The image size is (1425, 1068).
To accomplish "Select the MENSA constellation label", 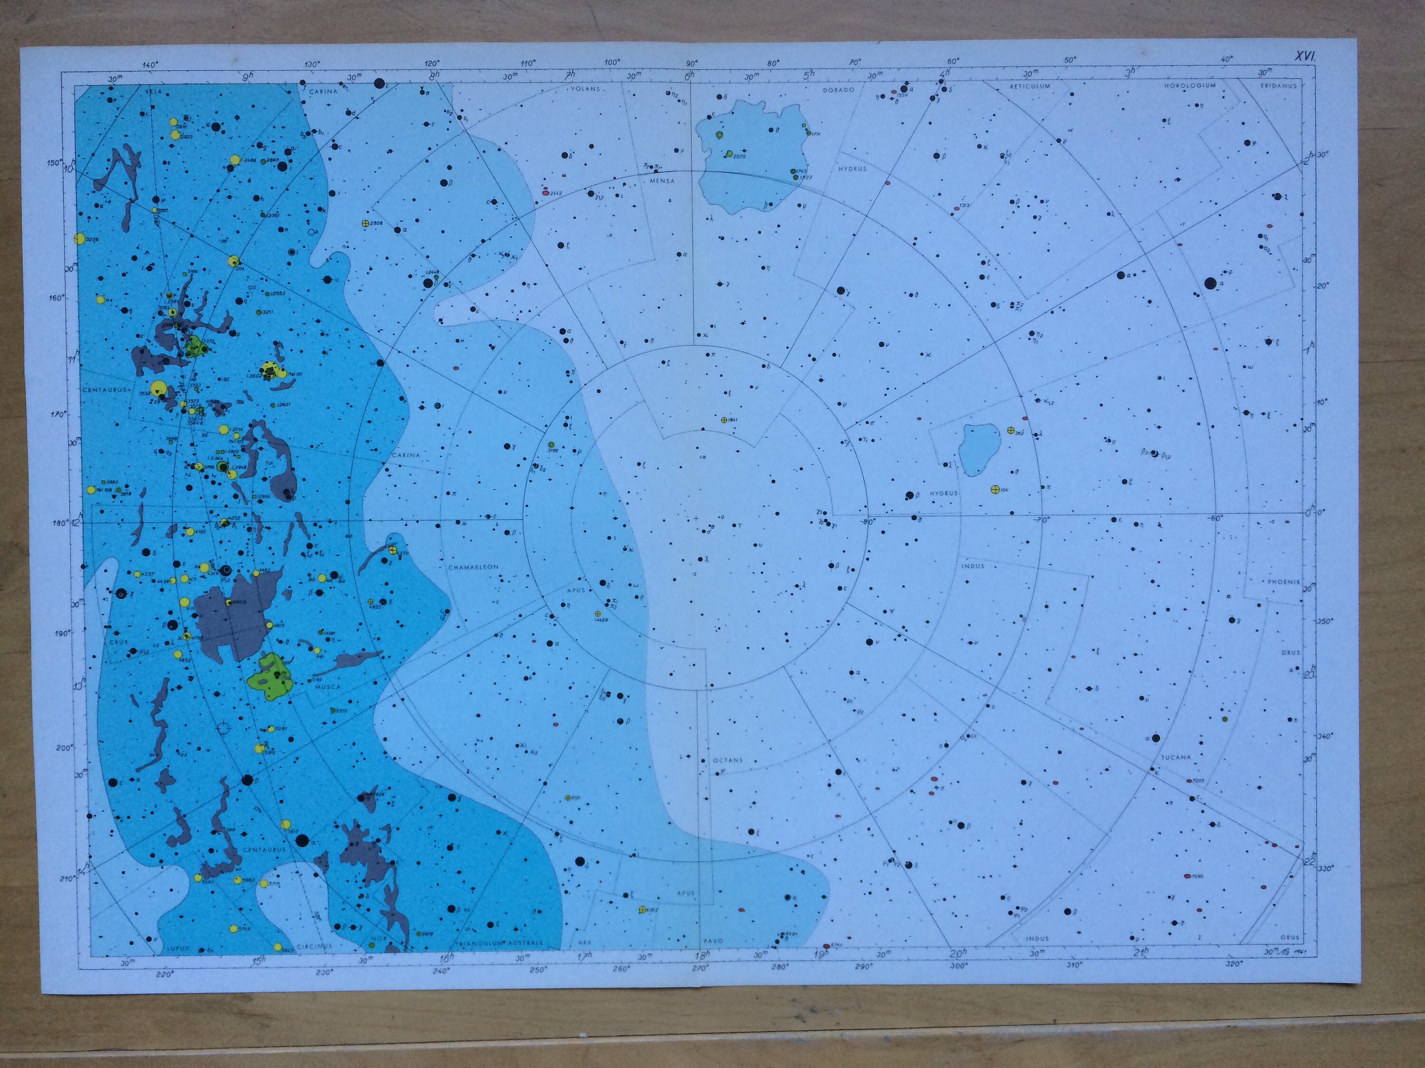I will (x=662, y=181).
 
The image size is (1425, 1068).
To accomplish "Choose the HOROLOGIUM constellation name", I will (x=1190, y=85).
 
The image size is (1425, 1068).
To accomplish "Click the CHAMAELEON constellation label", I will (x=474, y=567).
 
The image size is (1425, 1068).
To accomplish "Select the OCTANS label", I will (x=727, y=760).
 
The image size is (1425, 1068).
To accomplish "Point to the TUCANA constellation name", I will (x=1176, y=758).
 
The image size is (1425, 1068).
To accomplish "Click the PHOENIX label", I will (x=1284, y=582).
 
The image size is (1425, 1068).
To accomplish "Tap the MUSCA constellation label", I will (x=328, y=687).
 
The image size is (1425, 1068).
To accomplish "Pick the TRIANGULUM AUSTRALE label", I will (x=499, y=943).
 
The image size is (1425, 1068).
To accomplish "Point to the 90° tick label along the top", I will (x=691, y=64).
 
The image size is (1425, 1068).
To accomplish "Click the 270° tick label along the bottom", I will (x=700, y=967).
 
